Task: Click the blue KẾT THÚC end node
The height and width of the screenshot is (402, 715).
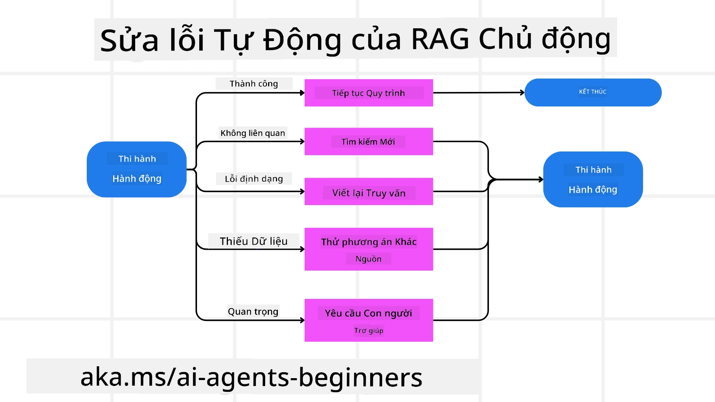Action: (593, 92)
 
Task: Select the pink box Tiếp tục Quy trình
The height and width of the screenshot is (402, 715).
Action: (369, 93)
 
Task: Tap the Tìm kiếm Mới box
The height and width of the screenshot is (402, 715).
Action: (369, 141)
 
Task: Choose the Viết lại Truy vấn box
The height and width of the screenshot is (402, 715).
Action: (369, 192)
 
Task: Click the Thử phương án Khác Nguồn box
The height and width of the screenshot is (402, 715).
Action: (369, 249)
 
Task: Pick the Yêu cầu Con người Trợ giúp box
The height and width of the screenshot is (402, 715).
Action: (369, 320)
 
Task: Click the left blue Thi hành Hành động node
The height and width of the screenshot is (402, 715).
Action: (137, 169)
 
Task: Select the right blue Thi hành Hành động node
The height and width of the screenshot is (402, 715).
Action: (593, 179)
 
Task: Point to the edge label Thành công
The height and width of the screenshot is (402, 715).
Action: (254, 84)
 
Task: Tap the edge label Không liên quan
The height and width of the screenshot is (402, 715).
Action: (252, 133)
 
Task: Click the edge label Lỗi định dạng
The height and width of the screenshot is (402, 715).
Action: (254, 179)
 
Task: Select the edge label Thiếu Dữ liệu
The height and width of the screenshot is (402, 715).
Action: (254, 241)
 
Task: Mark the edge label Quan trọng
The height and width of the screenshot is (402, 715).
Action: (253, 312)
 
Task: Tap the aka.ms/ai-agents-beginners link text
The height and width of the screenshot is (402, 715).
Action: (251, 377)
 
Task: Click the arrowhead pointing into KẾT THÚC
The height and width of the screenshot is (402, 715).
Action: (522, 92)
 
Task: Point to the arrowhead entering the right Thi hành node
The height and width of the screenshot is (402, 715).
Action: (541, 179)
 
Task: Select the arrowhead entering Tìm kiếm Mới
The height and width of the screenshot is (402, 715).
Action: (302, 141)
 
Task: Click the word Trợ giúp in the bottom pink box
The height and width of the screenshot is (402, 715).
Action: (369, 331)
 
